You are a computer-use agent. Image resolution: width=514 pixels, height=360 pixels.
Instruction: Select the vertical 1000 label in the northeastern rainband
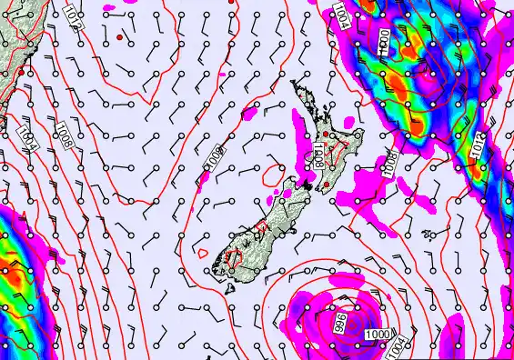(383, 44)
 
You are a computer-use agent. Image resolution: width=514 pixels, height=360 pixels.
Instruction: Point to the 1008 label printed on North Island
(318, 155)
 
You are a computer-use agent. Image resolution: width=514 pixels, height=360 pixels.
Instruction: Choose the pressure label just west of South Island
(213, 160)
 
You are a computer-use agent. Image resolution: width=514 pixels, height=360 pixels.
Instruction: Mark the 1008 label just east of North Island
(390, 163)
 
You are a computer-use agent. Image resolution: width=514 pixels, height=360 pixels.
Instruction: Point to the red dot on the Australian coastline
(22, 70)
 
